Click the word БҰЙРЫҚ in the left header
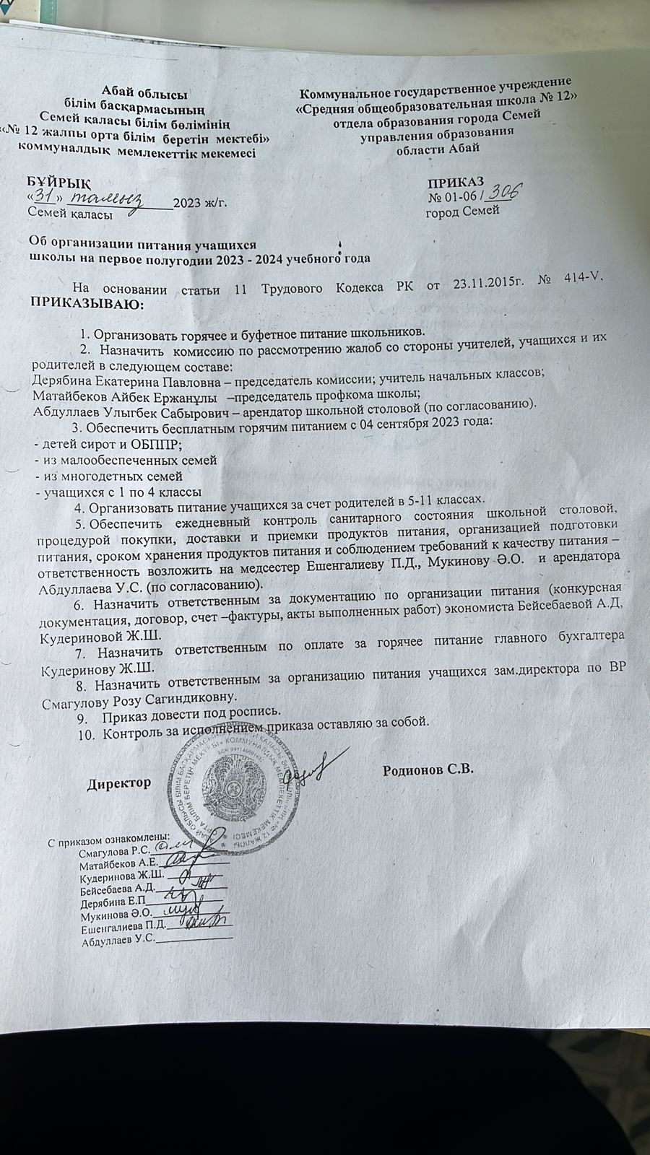point(60,182)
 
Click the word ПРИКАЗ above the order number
point(456,182)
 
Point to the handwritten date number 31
point(45,196)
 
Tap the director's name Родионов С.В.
point(428,770)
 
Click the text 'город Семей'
point(462,212)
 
